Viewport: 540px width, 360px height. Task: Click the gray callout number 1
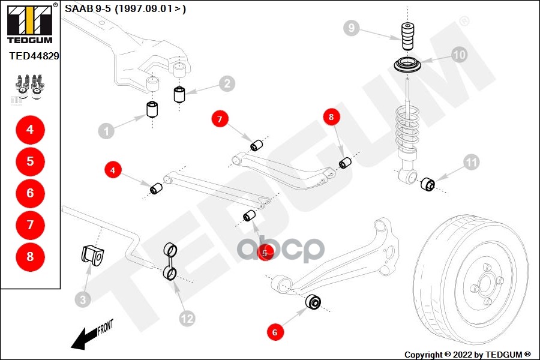coord(106,130)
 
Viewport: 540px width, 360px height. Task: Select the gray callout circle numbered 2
coord(226,84)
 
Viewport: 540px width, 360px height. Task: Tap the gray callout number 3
coord(83,298)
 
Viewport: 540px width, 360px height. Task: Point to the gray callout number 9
coord(352,28)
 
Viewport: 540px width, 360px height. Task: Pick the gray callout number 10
coord(459,55)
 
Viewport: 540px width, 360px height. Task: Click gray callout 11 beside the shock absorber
coord(472,161)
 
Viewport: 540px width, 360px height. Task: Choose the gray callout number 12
coord(187,318)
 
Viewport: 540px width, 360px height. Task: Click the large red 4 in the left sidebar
coord(30,130)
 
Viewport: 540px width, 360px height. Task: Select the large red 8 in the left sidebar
coord(30,257)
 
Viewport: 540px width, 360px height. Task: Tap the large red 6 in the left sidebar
coord(30,193)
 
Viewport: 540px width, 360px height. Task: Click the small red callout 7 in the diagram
coord(220,120)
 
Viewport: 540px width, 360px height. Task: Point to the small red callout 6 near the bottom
coord(275,331)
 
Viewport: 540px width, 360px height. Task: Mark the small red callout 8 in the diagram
coord(331,118)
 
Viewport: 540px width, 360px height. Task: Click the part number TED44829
coord(34,56)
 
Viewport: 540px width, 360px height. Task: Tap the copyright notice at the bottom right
coord(467,354)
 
